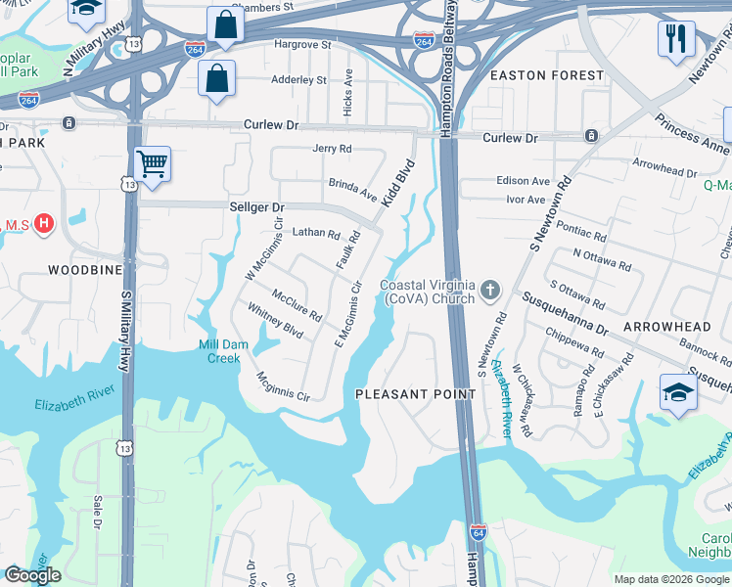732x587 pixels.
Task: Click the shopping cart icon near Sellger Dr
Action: click(152, 164)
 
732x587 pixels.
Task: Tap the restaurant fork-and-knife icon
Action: click(676, 39)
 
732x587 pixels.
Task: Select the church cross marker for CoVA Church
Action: click(489, 291)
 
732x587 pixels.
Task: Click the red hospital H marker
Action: click(43, 225)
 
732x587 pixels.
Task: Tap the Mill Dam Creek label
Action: click(219, 351)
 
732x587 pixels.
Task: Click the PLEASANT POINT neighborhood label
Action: click(415, 394)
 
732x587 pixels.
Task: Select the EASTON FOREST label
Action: click(547, 75)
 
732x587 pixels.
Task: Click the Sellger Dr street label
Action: click(255, 207)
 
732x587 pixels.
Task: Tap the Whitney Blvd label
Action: click(274, 321)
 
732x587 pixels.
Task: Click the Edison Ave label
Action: click(523, 181)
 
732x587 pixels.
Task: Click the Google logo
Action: click(32, 575)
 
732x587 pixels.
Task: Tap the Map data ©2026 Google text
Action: click(671, 579)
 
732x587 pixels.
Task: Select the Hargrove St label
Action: click(302, 45)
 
